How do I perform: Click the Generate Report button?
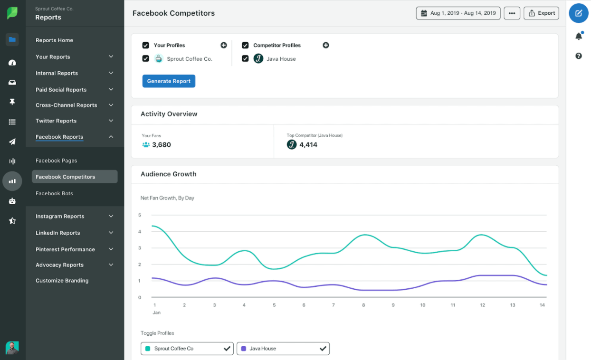(x=169, y=81)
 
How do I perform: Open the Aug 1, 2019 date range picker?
(x=458, y=13)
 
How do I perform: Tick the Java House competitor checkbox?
(x=245, y=59)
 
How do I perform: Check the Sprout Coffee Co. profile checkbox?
(x=146, y=59)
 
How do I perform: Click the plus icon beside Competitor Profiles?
(x=326, y=45)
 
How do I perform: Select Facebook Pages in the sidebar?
(x=56, y=161)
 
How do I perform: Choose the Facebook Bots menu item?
(x=54, y=193)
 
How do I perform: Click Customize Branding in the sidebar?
(x=62, y=281)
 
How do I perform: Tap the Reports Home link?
(x=54, y=40)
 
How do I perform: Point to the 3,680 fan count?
(x=161, y=145)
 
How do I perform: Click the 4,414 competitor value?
(x=308, y=145)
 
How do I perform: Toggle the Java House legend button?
(x=283, y=349)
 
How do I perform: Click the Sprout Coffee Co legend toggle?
(x=187, y=349)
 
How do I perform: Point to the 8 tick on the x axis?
(x=363, y=305)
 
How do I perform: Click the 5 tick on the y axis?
(x=140, y=215)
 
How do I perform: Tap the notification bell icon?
(x=578, y=36)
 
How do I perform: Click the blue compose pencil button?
(x=578, y=13)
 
